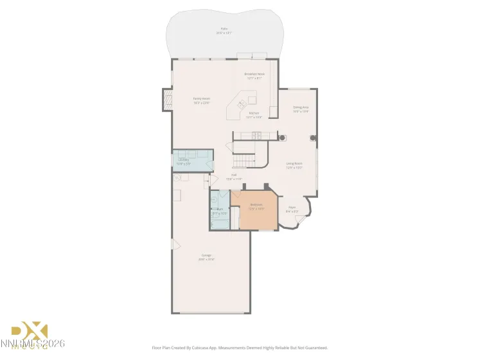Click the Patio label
pos(224,29)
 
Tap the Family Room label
pos(202,99)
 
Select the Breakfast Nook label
pos(254,75)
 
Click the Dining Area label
pos(301,107)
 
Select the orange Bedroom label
pos(257,205)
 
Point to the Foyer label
pos(292,208)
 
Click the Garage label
pos(207,256)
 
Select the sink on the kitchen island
pos(243,103)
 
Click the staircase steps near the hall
pos(244,155)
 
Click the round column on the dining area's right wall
pos(313,137)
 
